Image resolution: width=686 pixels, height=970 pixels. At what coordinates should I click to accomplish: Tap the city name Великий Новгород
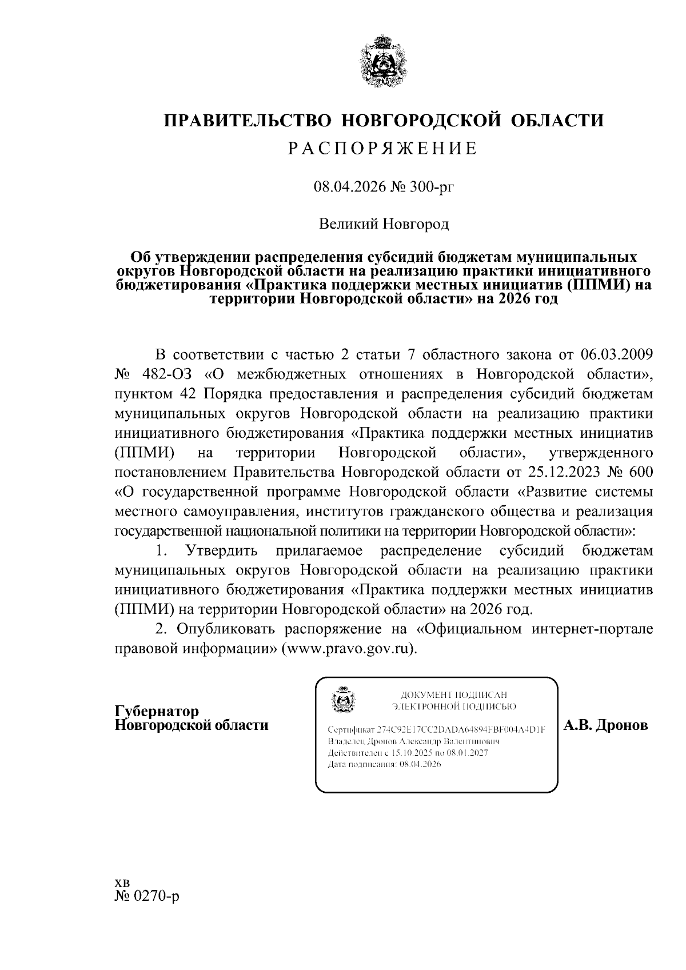(384, 223)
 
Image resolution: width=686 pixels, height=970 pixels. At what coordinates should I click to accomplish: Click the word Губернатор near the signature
(157, 712)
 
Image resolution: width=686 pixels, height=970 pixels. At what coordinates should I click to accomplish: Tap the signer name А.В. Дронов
(606, 725)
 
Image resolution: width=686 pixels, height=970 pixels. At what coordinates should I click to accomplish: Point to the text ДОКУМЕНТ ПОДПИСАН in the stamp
(454, 695)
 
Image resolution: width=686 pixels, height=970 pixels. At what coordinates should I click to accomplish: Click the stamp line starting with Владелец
(414, 741)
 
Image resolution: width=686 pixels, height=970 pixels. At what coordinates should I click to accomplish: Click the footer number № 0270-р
(147, 912)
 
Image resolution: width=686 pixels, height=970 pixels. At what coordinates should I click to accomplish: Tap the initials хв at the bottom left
(123, 899)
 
